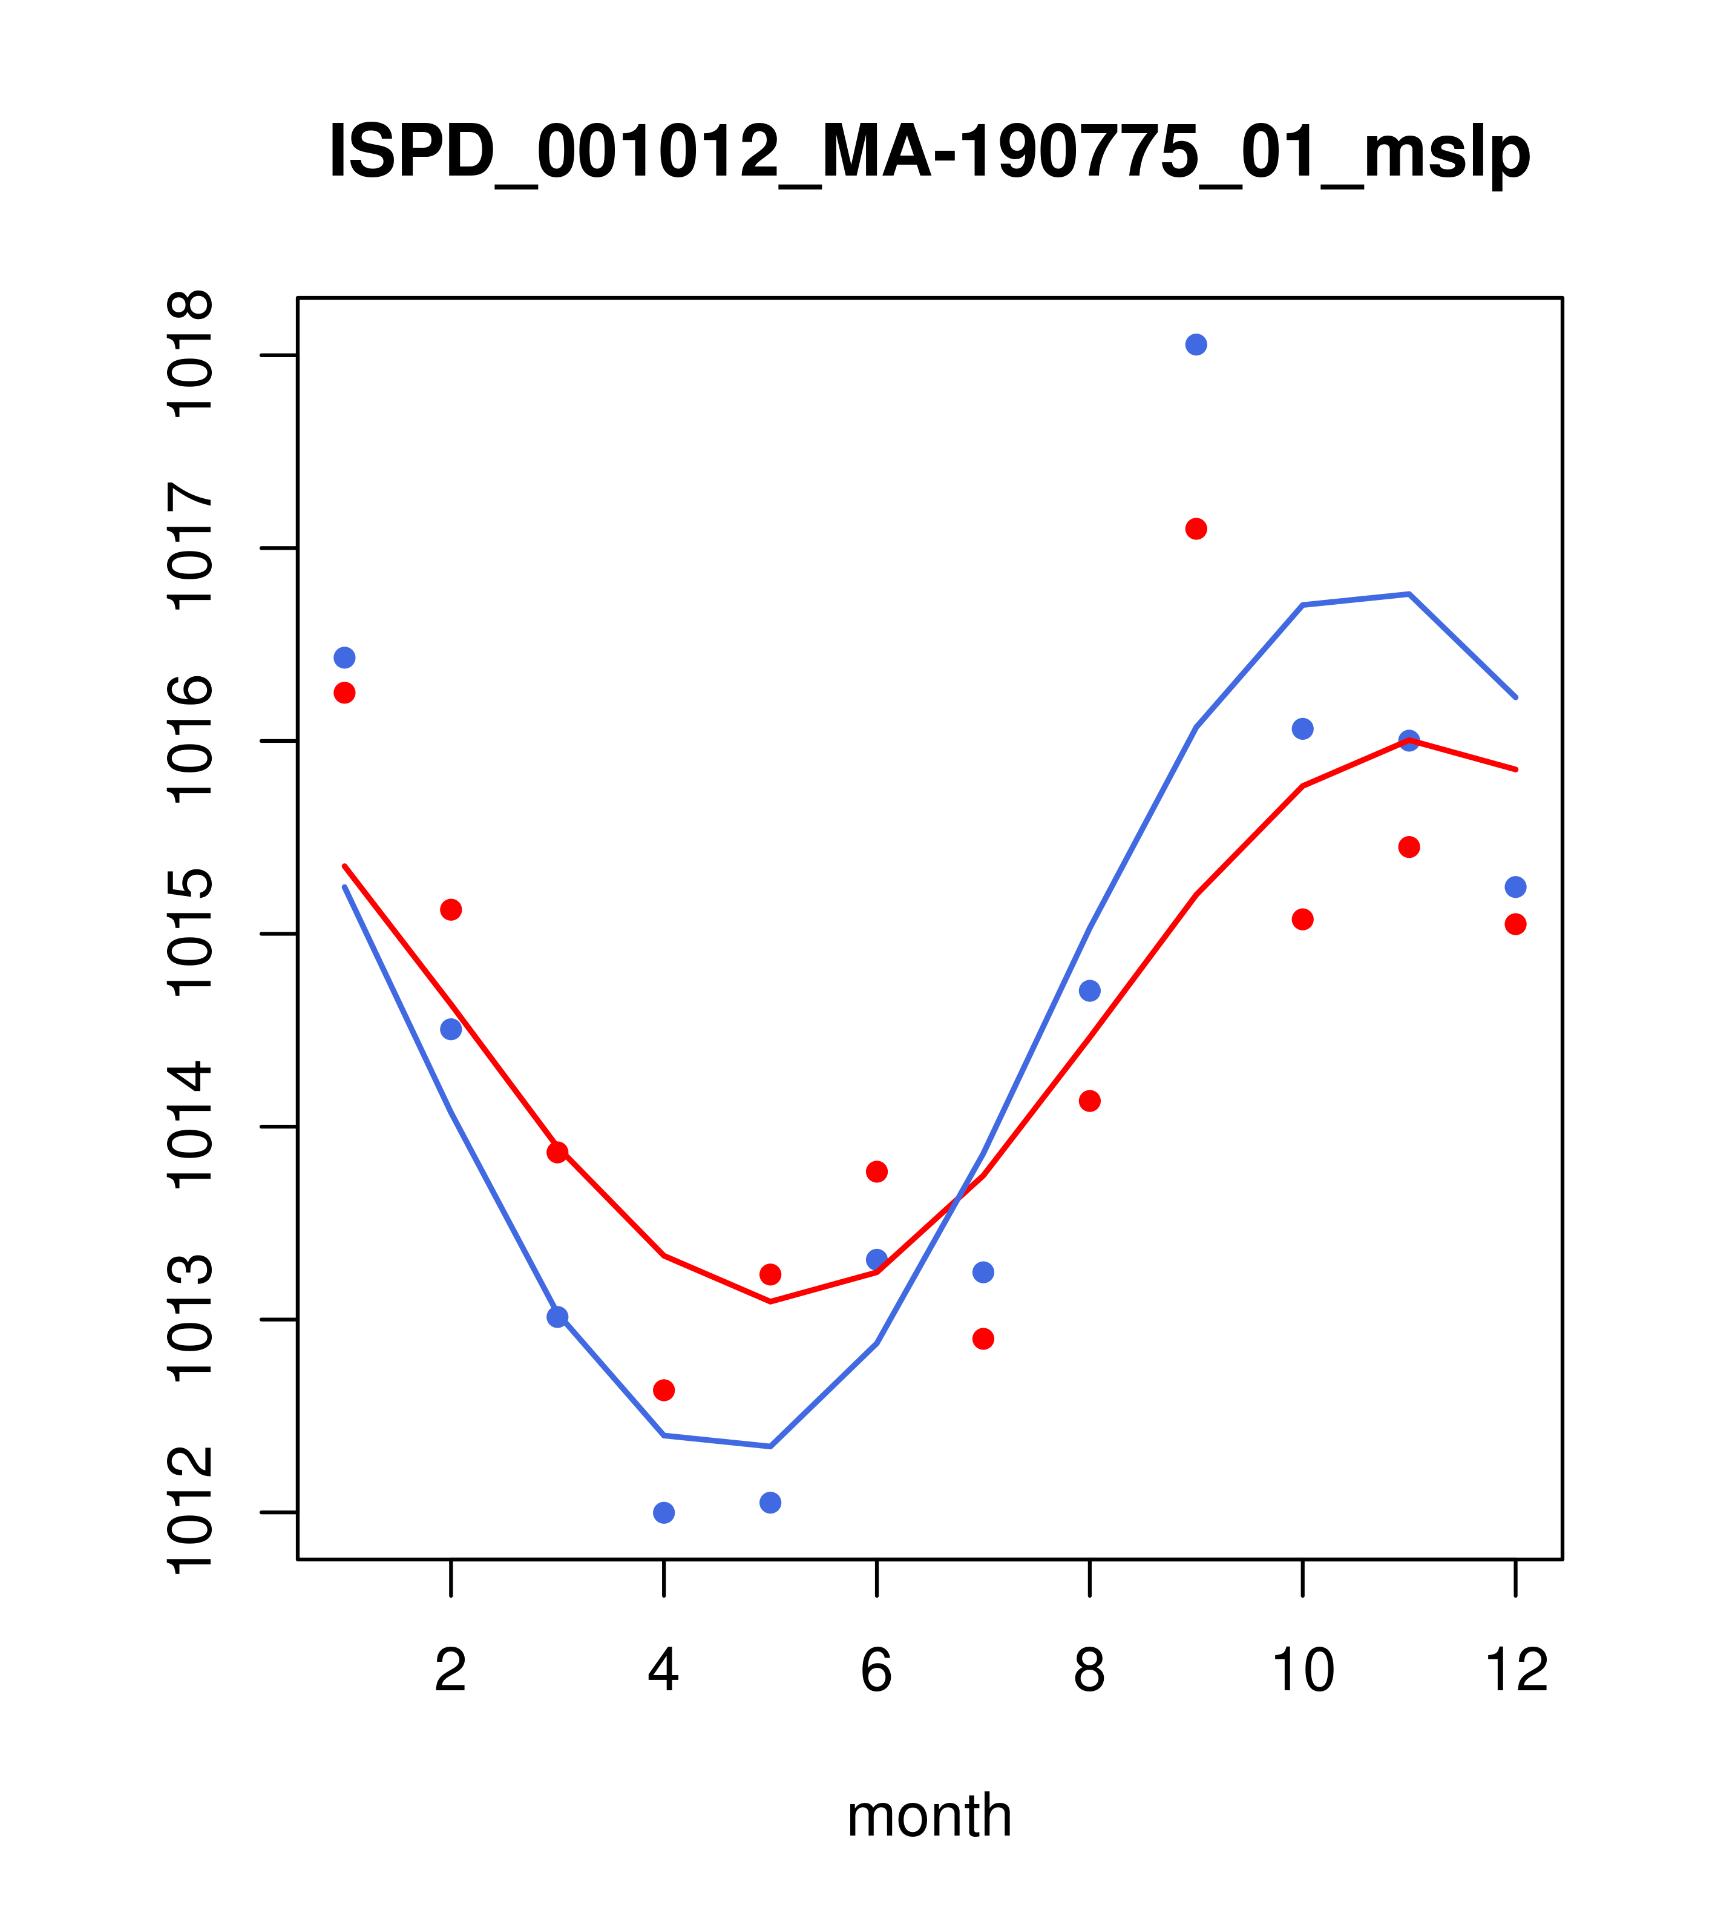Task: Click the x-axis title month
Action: pyautogui.click(x=929, y=1815)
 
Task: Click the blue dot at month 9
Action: pyautogui.click(x=1196, y=344)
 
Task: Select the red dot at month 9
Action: pyautogui.click(x=1196, y=529)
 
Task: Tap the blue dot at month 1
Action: pyautogui.click(x=344, y=657)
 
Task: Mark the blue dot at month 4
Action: pyautogui.click(x=663, y=1513)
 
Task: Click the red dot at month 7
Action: pyautogui.click(x=983, y=1339)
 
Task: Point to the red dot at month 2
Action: pyautogui.click(x=451, y=909)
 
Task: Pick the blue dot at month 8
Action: pyautogui.click(x=1089, y=990)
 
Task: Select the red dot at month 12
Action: pyautogui.click(x=1516, y=924)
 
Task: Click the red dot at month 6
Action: pyautogui.click(x=877, y=1172)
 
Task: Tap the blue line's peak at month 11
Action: pyautogui.click(x=1409, y=594)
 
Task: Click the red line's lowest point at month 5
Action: pyautogui.click(x=770, y=1302)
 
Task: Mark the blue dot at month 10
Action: pyautogui.click(x=1302, y=729)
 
